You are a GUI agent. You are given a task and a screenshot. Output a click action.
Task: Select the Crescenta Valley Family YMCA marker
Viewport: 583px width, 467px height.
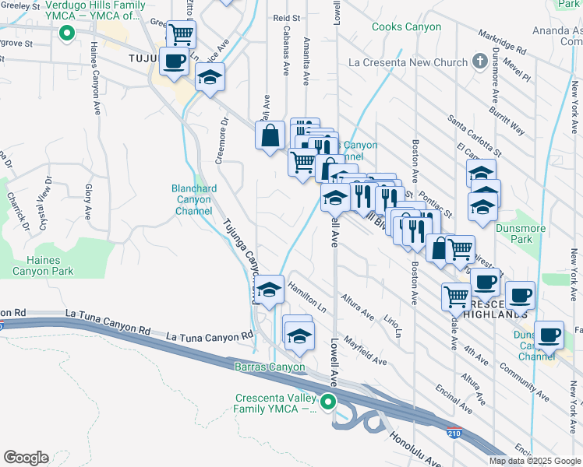(x=328, y=402)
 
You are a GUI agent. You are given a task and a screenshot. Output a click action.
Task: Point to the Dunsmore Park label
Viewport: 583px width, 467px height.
(x=514, y=233)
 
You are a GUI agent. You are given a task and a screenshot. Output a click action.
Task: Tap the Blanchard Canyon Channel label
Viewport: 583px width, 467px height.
(x=193, y=199)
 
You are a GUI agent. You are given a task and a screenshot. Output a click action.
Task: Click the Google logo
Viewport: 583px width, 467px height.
(x=26, y=458)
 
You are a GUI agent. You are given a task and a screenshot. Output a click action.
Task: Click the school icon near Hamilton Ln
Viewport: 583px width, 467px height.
(x=270, y=290)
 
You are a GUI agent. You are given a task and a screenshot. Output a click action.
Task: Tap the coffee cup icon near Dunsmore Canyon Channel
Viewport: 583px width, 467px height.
(x=549, y=334)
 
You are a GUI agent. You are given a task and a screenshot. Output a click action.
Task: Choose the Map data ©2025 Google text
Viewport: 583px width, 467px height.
(x=535, y=461)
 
